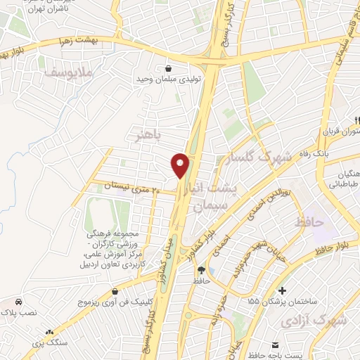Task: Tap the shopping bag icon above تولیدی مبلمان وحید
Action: pos(169,68)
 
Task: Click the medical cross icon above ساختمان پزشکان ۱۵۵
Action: pos(282,290)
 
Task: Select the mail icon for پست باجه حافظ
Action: pos(276,346)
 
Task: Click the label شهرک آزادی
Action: pos(314,320)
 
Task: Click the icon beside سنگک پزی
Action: pos(49,331)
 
